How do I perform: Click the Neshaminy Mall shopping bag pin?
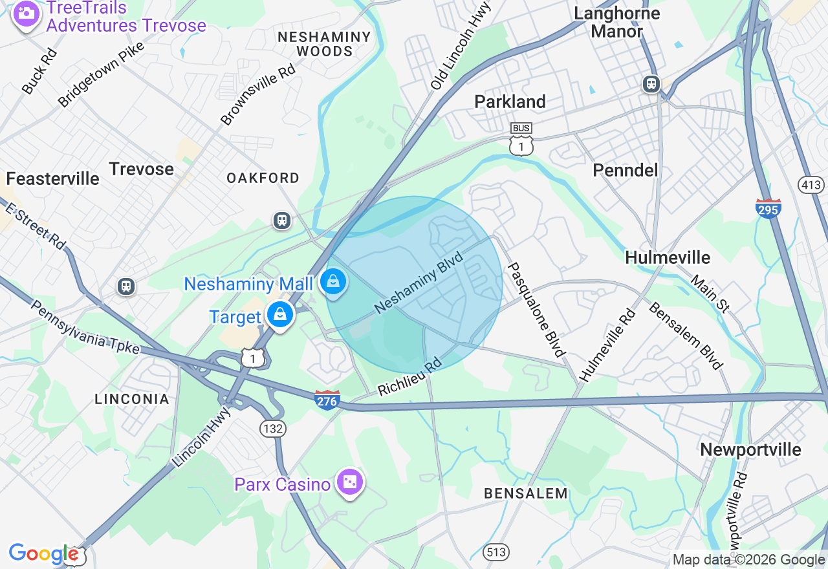pos(333,282)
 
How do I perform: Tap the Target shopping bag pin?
pos(280,315)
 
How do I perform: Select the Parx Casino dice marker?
pos(349,482)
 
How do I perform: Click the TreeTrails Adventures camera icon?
pos(26,14)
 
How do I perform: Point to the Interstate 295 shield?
pos(768,208)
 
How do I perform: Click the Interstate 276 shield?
pos(327,400)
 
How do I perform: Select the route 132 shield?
pos(271,427)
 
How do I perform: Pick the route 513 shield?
pos(496,552)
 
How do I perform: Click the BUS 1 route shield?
pos(521,139)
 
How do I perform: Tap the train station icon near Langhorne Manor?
pos(651,83)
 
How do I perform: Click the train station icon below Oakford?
pos(281,220)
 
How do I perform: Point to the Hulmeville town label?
pos(668,257)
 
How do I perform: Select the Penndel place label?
pos(626,169)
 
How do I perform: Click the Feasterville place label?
pos(53,178)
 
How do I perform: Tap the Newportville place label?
pos(750,449)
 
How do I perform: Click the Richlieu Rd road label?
pos(409,377)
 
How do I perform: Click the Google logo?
pos(43,553)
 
